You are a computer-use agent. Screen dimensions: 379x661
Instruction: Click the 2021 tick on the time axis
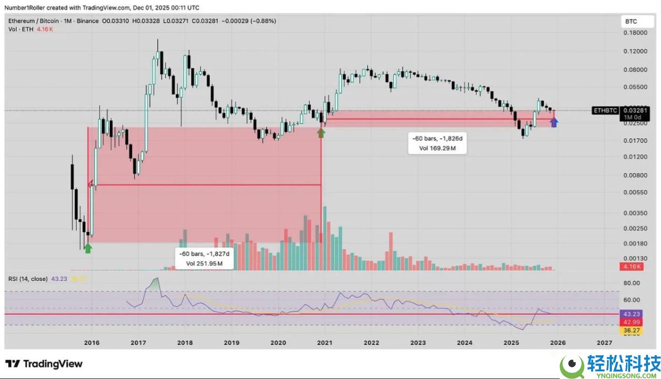pos(324,342)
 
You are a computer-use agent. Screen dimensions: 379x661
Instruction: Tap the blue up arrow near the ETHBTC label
pos(554,122)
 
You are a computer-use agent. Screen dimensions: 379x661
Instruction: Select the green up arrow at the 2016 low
pos(88,248)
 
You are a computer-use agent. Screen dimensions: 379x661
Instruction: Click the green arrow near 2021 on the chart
pos(321,132)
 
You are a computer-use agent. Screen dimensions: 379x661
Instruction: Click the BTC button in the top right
pos(631,21)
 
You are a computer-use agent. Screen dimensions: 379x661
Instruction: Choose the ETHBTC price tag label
pos(605,110)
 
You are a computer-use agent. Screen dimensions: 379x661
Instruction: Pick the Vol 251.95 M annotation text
pos(204,263)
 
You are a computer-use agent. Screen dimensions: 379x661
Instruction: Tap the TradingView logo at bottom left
pos(44,364)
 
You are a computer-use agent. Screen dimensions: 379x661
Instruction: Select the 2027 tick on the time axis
pos(604,342)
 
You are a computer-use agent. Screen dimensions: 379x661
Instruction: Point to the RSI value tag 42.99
pos(631,322)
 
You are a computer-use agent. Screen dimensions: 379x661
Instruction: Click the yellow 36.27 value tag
pos(631,331)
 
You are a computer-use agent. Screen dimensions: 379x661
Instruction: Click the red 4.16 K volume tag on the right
pos(631,267)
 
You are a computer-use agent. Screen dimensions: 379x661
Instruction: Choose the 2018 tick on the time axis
pos(185,342)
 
